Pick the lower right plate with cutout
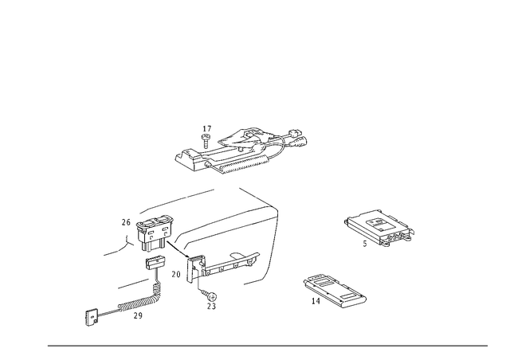click(x=335, y=291)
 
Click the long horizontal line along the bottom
click(x=267, y=345)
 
